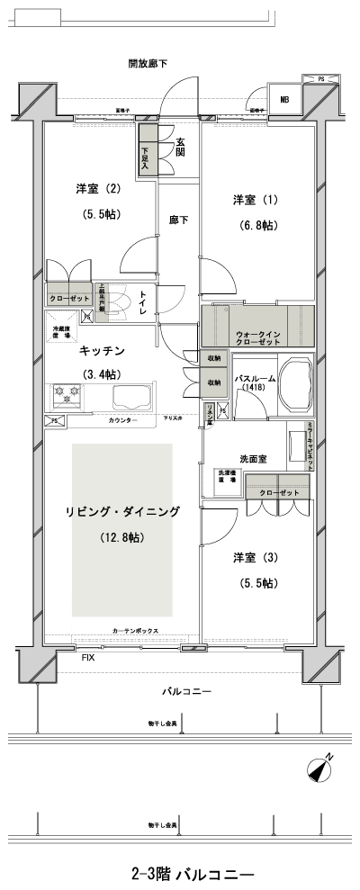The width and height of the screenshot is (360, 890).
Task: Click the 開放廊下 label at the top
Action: point(148,63)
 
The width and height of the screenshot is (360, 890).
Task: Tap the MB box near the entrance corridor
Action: point(284,100)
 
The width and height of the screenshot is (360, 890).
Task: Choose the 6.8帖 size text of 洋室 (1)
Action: point(256,225)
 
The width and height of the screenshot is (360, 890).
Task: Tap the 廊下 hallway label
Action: point(178,219)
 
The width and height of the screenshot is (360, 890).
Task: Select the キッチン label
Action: point(101,350)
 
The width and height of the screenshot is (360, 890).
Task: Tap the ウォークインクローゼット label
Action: point(256,337)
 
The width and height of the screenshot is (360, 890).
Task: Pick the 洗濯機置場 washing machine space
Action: point(226,477)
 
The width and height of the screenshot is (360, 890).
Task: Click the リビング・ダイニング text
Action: point(122,511)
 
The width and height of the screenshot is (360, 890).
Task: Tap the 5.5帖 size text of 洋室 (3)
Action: point(257,583)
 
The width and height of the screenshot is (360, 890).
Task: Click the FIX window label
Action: point(88,659)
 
